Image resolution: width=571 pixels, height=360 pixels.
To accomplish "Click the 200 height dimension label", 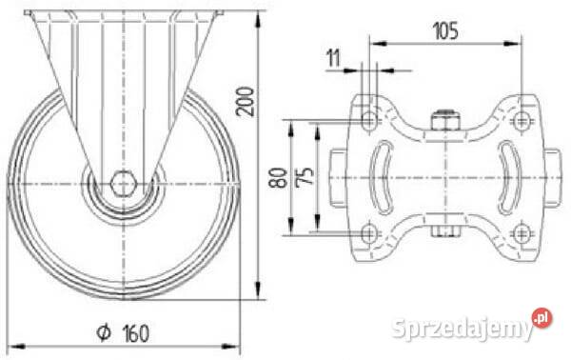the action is [246, 102].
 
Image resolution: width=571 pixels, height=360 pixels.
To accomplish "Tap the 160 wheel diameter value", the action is [136, 333].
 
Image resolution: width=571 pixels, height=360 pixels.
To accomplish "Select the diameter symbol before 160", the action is [104, 332].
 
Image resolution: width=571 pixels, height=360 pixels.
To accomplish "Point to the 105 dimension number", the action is [445, 30].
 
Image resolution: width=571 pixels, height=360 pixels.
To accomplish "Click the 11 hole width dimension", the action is [333, 58].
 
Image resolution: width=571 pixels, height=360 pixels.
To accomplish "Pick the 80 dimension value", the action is [278, 177].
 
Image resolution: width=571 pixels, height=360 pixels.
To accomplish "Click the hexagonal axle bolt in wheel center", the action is [124, 183].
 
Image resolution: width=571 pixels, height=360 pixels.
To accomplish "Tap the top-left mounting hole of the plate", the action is [369, 119].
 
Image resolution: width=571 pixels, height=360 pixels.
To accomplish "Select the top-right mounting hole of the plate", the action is [522, 119].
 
